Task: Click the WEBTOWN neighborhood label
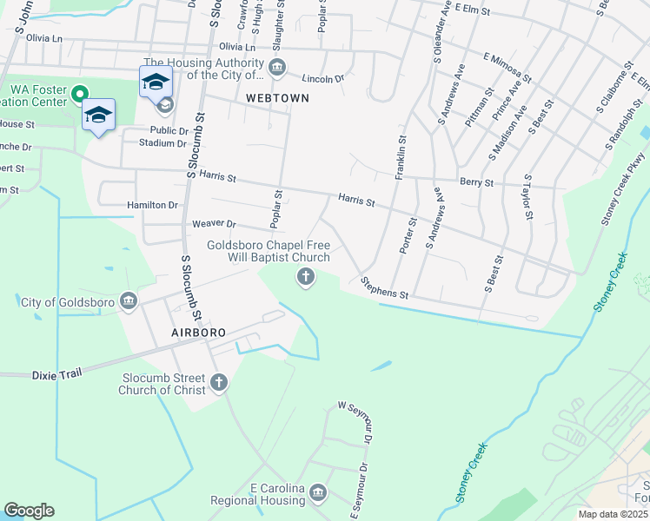pyautogui.click(x=277, y=98)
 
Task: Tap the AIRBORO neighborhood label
pyautogui.click(x=198, y=333)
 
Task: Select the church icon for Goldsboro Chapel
pyautogui.click(x=305, y=277)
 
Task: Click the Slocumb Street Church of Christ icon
pyautogui.click(x=218, y=381)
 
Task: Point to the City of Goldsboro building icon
pyautogui.click(x=129, y=301)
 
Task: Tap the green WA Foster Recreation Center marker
pyautogui.click(x=79, y=93)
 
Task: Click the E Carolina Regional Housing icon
pyautogui.click(x=318, y=493)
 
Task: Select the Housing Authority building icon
pyautogui.click(x=277, y=67)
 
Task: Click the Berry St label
pyautogui.click(x=476, y=183)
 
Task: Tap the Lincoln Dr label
pyautogui.click(x=324, y=79)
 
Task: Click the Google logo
pyautogui.click(x=29, y=511)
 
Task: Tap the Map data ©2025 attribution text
pyautogui.click(x=613, y=514)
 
